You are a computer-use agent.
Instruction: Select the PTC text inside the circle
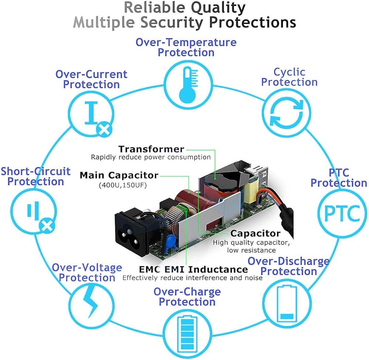[342, 213]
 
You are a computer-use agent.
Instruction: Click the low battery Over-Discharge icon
[287, 302]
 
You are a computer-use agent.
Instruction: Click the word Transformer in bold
[151, 149]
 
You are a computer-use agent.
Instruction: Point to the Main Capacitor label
[119, 175]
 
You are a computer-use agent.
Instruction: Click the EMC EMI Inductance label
[188, 269]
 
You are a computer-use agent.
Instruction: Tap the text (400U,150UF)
[123, 185]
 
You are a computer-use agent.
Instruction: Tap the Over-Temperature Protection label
[186, 47]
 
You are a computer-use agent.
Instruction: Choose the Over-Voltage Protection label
[87, 272]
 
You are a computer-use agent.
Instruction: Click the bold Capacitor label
[255, 233]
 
